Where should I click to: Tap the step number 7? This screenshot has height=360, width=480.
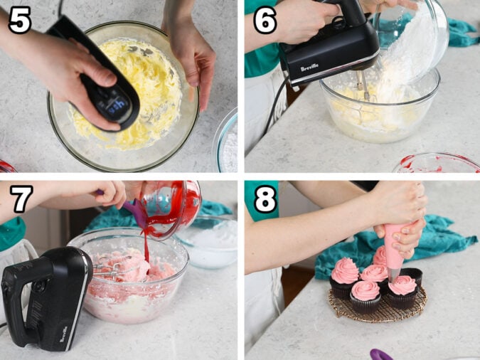(x=20, y=200)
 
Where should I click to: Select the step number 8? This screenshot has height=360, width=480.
(x=265, y=200)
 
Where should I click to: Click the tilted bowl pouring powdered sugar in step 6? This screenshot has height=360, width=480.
(x=420, y=36)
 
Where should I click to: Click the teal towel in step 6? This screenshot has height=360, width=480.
(x=461, y=32)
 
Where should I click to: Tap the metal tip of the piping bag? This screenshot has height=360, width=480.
(x=393, y=274)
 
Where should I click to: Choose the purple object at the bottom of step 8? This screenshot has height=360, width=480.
(x=380, y=354)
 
